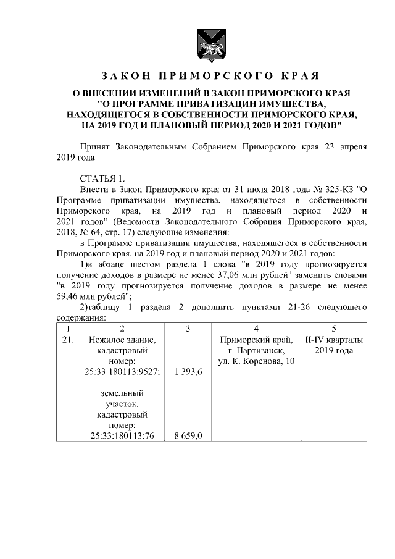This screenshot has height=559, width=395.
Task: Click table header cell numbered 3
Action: click(188, 329)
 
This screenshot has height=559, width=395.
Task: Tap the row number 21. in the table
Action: click(68, 340)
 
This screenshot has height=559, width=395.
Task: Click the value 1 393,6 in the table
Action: click(188, 371)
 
